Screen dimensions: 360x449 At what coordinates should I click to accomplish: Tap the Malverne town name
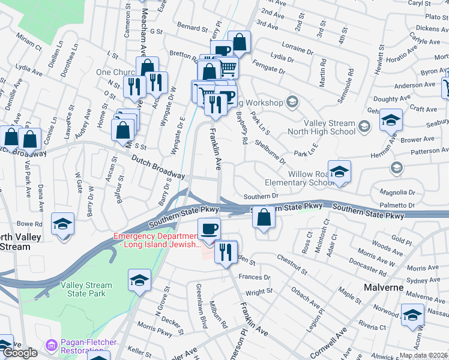coord(384,287)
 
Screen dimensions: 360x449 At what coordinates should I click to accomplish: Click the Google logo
coord(20,353)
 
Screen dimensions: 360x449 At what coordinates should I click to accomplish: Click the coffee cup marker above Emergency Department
coord(209,229)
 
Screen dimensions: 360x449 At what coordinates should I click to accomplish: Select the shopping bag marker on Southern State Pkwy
coord(263,217)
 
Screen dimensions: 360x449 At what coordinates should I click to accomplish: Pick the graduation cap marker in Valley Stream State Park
coord(139,281)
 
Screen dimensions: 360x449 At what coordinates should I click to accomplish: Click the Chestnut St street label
coord(292,265)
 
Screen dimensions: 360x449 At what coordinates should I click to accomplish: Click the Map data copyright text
coord(423,355)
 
